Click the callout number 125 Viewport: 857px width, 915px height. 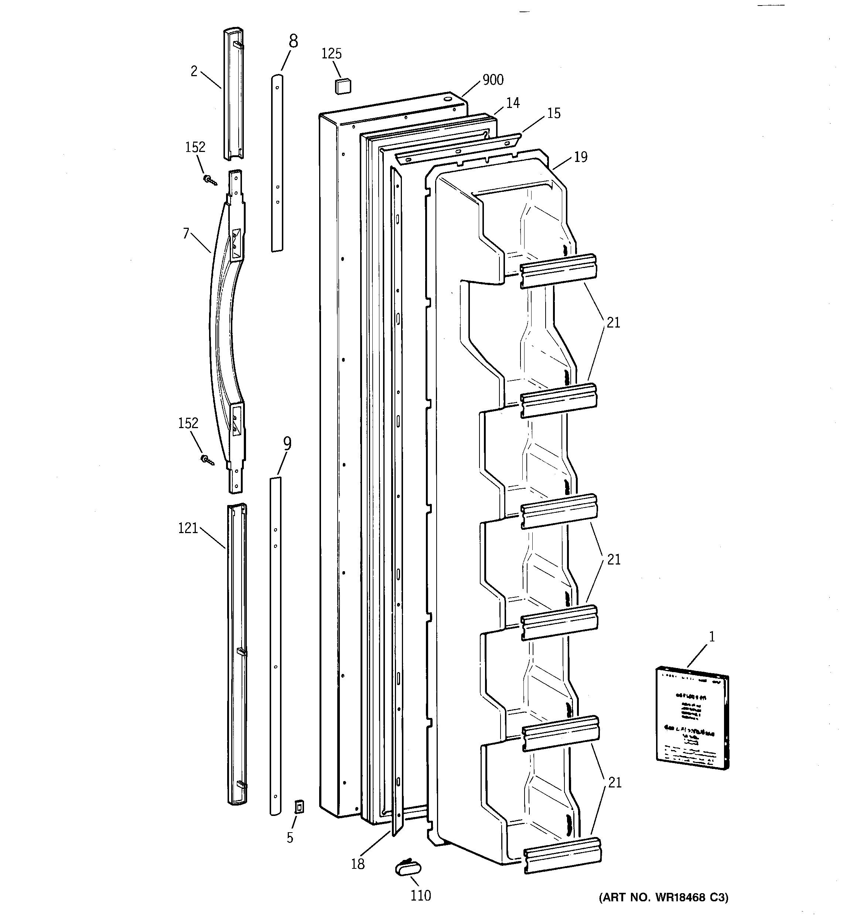[x=331, y=54]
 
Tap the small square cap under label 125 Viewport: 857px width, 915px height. [x=342, y=86]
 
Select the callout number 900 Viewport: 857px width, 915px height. [x=493, y=80]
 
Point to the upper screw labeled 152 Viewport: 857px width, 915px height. [x=210, y=180]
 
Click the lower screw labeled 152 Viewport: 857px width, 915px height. [x=208, y=459]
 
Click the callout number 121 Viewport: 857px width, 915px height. [x=188, y=528]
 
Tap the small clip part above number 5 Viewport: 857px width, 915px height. [x=299, y=806]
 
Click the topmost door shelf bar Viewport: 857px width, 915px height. [x=558, y=271]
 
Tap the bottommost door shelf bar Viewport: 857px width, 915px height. [x=562, y=855]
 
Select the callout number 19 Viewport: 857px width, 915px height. [x=581, y=157]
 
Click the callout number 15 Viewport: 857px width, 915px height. [x=554, y=113]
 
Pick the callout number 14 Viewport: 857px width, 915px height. [x=512, y=103]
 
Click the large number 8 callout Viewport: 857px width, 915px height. [x=293, y=41]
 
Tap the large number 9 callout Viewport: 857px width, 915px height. [x=287, y=444]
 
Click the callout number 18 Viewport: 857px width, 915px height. [x=358, y=864]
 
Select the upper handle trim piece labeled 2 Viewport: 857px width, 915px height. [x=234, y=94]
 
